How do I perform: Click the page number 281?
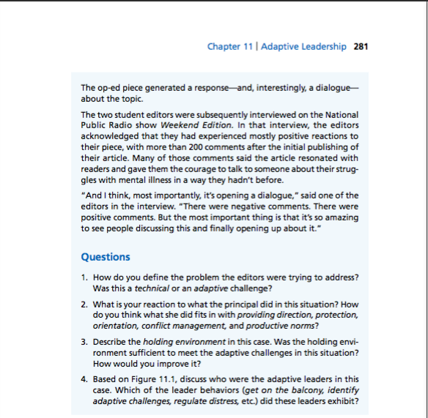361,47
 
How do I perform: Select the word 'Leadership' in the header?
325,47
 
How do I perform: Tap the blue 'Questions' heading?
106,257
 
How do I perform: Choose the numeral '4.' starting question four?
85,379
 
